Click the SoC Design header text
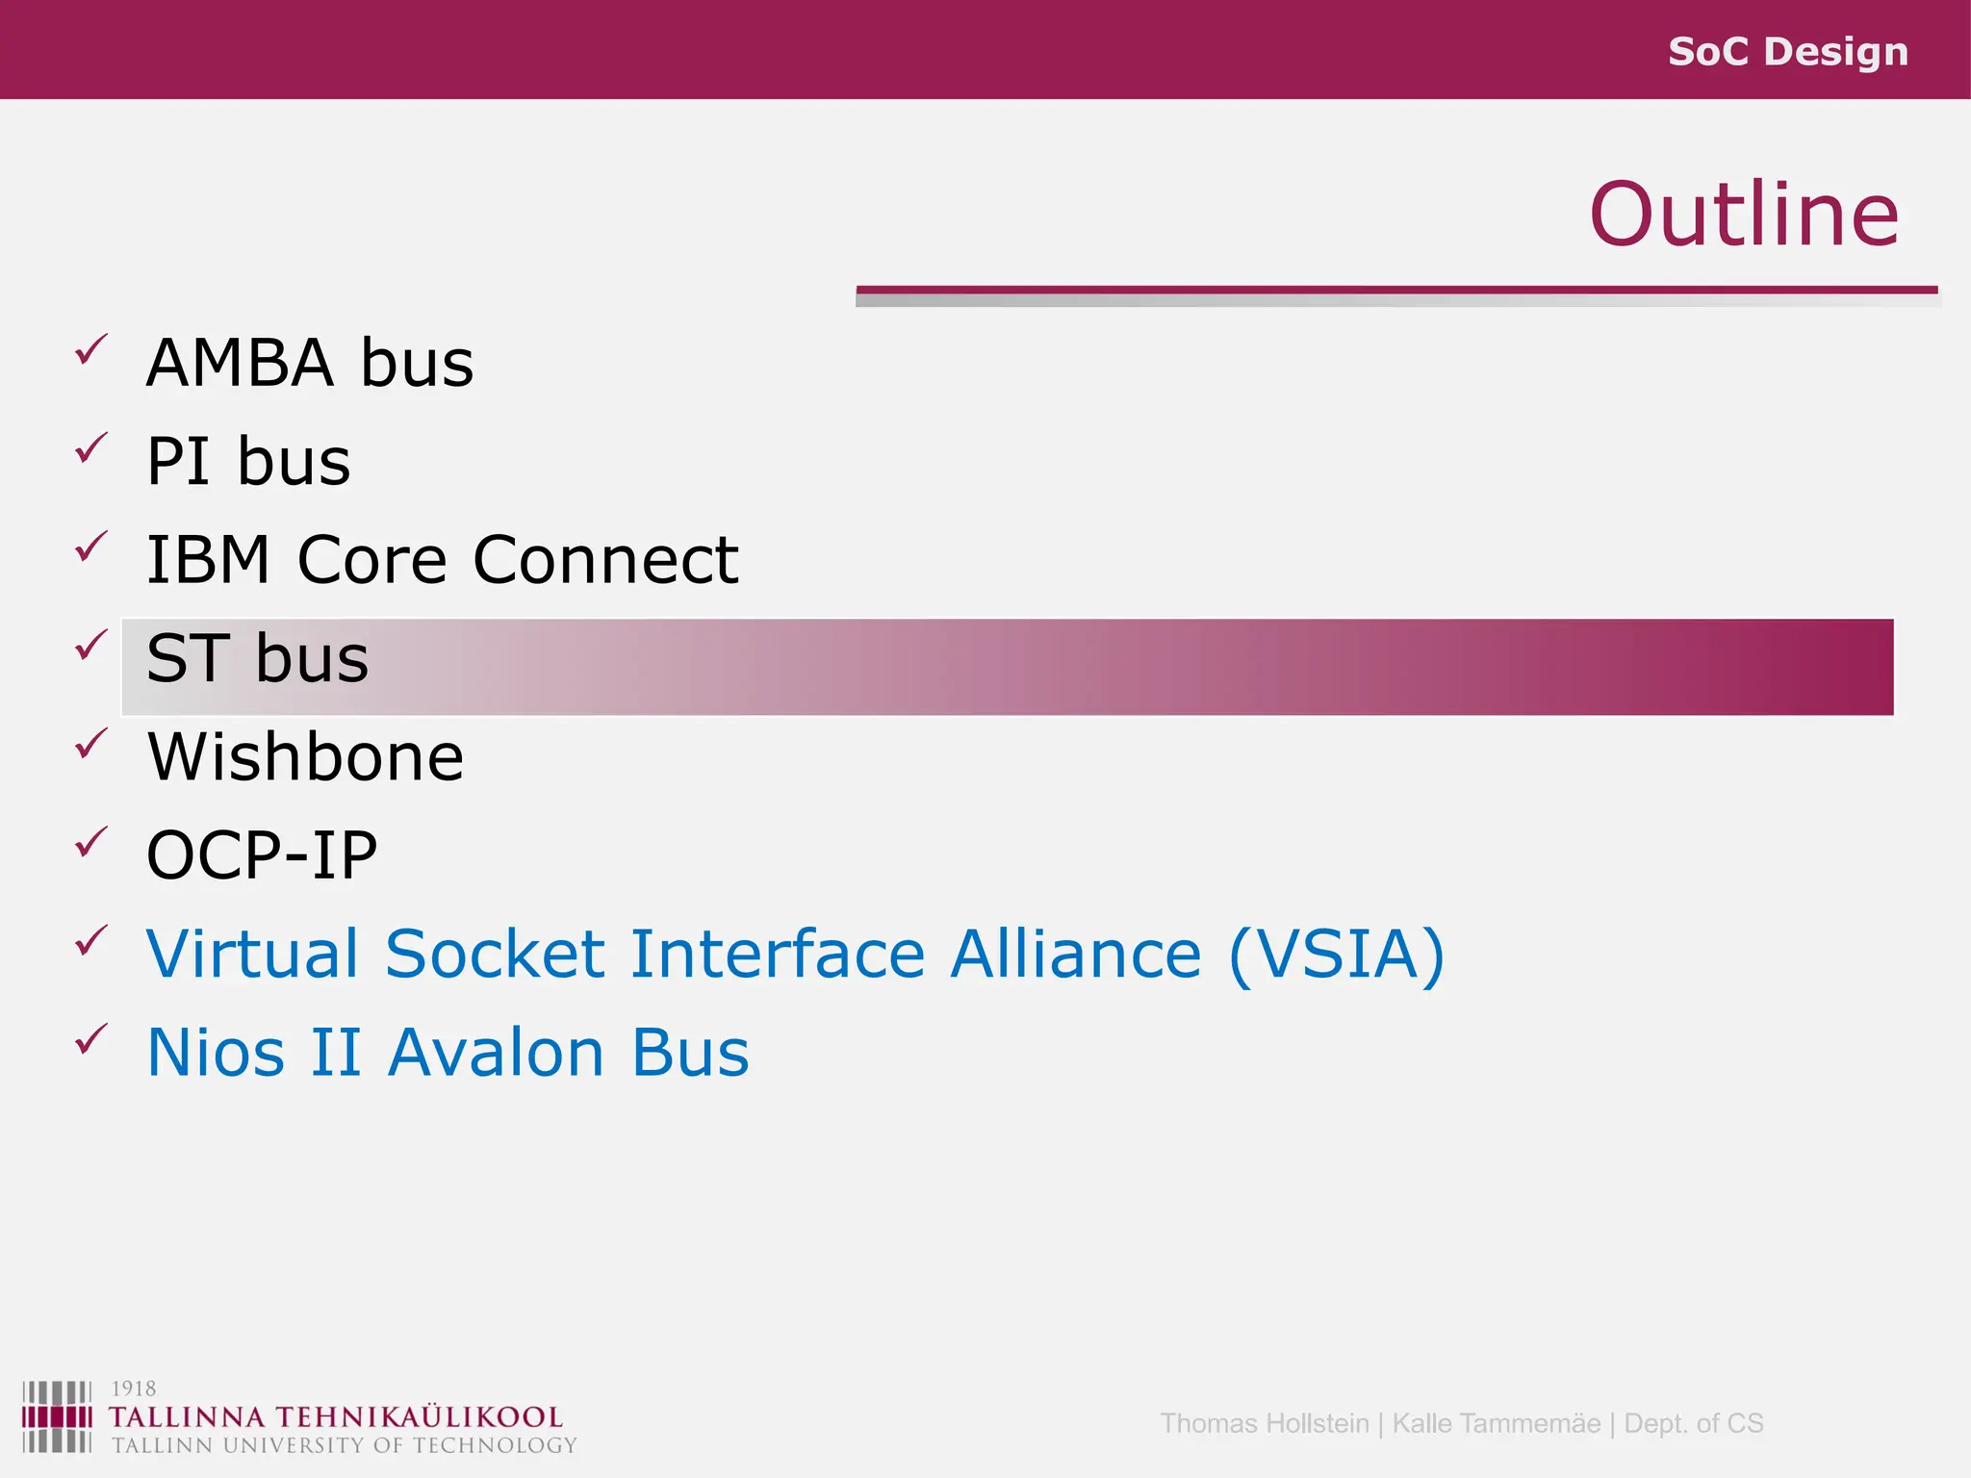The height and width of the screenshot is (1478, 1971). [1787, 51]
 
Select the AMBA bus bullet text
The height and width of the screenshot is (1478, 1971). [310, 364]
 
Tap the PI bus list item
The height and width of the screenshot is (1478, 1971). [248, 462]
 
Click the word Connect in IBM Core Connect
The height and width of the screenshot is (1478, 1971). [605, 560]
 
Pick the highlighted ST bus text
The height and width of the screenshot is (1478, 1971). [257, 659]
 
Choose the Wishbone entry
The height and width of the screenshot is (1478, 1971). [305, 757]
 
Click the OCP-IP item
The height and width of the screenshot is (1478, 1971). [262, 855]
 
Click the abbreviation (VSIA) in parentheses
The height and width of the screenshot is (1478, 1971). [1337, 955]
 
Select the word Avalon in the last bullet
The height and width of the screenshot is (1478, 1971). [497, 1053]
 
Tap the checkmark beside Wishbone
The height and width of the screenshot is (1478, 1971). [91, 743]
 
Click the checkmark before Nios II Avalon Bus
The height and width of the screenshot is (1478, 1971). [91, 1038]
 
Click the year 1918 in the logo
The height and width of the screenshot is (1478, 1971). [133, 1389]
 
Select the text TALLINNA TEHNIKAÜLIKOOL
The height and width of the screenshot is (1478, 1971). [335, 1417]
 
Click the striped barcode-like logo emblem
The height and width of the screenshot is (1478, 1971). [57, 1416]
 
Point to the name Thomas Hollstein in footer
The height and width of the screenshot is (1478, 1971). [1264, 1423]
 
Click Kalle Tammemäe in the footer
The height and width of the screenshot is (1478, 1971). [1496, 1423]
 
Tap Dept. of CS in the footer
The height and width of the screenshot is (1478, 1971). [1693, 1423]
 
